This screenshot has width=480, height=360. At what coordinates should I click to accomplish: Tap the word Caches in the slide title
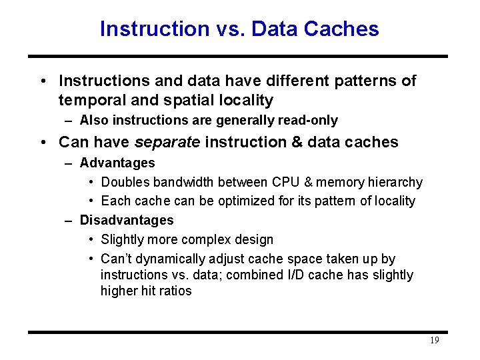click(x=345, y=29)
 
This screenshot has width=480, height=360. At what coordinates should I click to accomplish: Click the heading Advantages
click(x=117, y=163)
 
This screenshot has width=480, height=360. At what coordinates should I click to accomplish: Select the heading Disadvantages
click(x=127, y=220)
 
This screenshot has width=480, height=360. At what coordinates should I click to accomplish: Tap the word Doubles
click(x=125, y=182)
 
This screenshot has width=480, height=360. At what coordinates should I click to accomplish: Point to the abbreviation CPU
click(x=286, y=182)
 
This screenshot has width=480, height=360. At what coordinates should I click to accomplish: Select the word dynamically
click(x=171, y=259)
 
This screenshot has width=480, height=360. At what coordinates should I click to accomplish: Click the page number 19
click(x=434, y=341)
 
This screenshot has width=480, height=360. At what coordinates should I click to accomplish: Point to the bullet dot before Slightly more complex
click(x=91, y=239)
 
